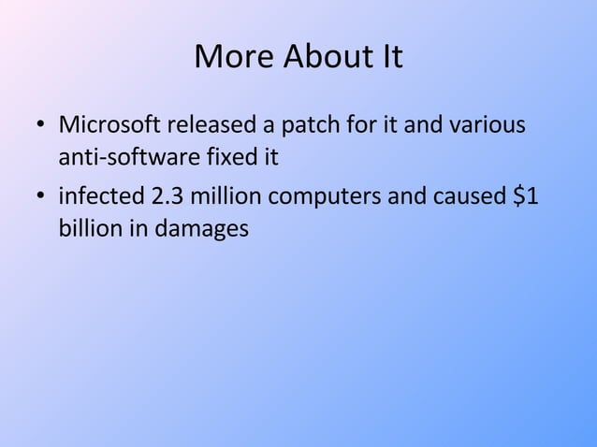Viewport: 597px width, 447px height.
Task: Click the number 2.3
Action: click(167, 198)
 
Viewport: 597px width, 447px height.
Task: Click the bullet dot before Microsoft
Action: click(40, 126)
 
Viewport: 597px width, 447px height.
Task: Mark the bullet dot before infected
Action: click(40, 199)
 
